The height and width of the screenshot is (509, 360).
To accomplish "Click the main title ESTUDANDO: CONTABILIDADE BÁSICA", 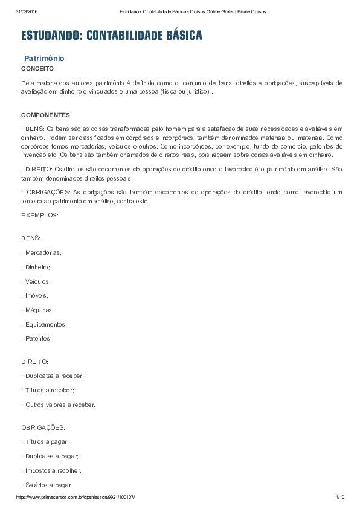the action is click(x=112, y=36).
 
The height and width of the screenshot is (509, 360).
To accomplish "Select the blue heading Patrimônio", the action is click(x=44, y=59).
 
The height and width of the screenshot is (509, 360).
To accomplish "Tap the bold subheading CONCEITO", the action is click(x=37, y=69).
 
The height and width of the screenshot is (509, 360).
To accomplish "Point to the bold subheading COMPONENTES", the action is click(x=45, y=115).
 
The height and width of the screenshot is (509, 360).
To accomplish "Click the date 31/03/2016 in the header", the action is click(x=27, y=11).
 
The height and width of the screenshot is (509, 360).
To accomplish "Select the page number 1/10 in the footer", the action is click(x=339, y=496).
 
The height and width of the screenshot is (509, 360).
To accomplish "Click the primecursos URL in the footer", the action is click(x=75, y=496).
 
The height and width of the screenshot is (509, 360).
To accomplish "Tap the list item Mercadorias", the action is click(x=43, y=252).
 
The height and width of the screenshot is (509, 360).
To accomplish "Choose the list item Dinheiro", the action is click(x=37, y=267).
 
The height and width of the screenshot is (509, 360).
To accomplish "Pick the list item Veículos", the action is click(x=37, y=281).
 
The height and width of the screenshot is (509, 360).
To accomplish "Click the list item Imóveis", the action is click(x=36, y=295).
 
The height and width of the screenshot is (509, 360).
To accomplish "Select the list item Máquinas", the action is click(x=39, y=310).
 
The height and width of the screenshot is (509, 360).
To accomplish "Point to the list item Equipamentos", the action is click(x=46, y=324).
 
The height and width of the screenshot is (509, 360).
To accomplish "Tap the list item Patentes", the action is click(x=39, y=339).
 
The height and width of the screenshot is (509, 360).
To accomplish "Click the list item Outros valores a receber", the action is click(x=60, y=405).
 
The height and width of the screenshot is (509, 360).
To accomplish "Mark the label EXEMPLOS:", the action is click(x=40, y=215).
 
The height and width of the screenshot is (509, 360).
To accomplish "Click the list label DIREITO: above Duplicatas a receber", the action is click(x=34, y=362).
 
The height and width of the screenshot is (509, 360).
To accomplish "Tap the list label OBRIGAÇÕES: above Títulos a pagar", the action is click(x=43, y=427).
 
